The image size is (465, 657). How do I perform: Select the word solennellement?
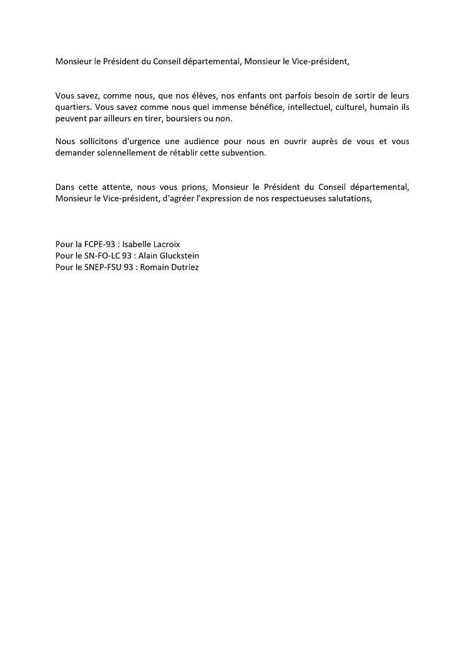coord(125,153)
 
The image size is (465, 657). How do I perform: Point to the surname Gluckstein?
coord(182,256)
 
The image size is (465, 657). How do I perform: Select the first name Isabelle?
coord(138,244)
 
